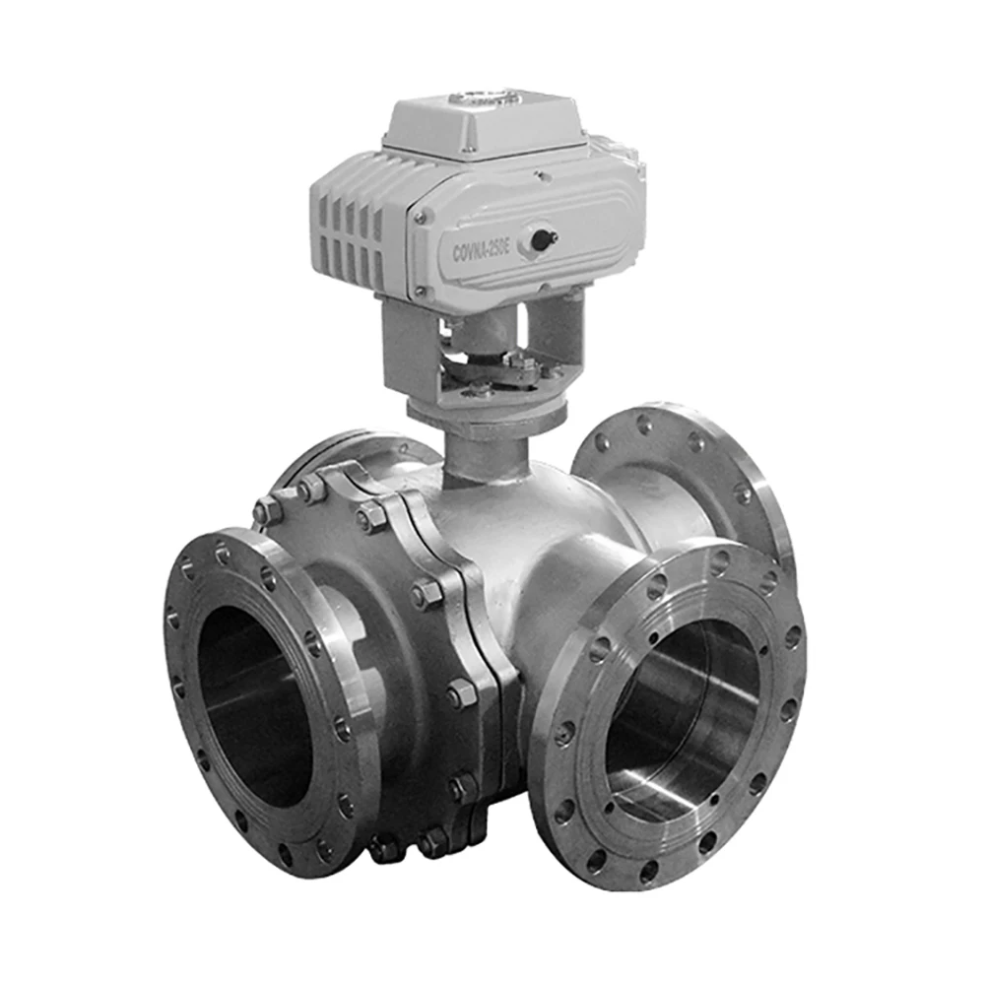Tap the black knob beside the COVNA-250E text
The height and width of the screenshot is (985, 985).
[x=540, y=237]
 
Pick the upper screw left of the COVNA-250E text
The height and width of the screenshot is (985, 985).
[x=421, y=215]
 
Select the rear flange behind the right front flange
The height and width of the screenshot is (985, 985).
[x=689, y=473]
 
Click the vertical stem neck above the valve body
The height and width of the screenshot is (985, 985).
[x=483, y=453]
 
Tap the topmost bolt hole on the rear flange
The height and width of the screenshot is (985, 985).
[x=645, y=424]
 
